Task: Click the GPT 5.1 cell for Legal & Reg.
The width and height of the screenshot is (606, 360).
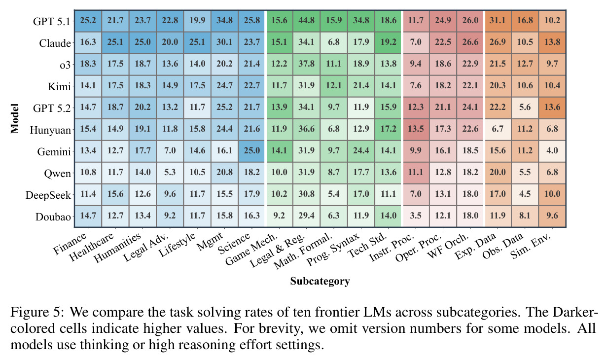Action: tap(306, 21)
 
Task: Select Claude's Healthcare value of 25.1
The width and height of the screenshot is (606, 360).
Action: tap(115, 42)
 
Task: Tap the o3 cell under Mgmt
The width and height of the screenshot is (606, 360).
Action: tap(224, 64)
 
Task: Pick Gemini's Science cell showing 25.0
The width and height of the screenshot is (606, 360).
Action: tap(251, 150)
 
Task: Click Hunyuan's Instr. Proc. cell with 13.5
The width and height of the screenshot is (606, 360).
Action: tap(416, 129)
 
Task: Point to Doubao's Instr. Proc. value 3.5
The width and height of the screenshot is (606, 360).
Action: tap(416, 216)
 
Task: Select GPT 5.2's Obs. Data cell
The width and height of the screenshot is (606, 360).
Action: tap(525, 108)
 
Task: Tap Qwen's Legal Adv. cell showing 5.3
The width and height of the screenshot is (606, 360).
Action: tap(170, 172)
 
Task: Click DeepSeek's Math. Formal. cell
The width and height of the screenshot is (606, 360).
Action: tap(333, 194)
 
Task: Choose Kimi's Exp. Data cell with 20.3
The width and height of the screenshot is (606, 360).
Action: tap(498, 86)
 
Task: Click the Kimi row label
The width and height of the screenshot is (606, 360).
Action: tap(60, 87)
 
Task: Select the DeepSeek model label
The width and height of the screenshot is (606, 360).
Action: tap(48, 195)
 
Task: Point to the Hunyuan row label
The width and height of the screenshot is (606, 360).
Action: tap(50, 130)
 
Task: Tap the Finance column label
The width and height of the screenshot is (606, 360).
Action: tap(70, 244)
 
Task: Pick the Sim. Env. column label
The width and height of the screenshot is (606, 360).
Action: tap(531, 246)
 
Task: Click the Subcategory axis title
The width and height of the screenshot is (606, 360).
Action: tap(320, 281)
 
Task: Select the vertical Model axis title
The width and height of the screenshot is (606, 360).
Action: tap(15, 118)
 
